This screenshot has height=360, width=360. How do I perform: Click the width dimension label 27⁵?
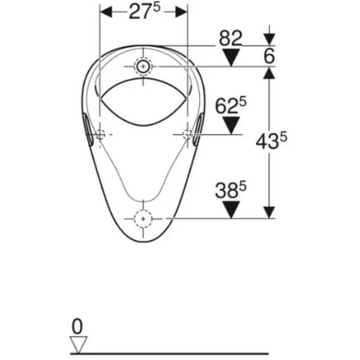(x=144, y=11)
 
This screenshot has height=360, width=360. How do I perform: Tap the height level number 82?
(x=230, y=38)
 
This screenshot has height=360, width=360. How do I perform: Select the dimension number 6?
(x=269, y=56)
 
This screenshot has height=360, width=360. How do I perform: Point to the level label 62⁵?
(x=230, y=106)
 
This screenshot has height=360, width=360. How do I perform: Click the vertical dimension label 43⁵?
(x=271, y=140)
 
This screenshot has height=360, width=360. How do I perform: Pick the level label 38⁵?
(x=230, y=190)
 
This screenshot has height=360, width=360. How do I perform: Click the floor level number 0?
(x=77, y=326)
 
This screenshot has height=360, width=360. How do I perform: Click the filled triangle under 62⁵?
(x=231, y=125)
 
